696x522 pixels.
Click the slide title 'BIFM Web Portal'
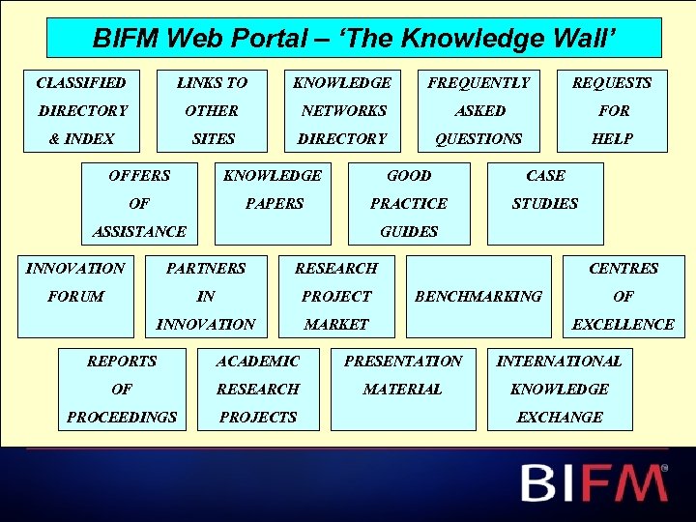pos(354,38)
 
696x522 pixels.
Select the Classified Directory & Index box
pos(82,110)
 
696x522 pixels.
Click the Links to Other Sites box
pos(213,110)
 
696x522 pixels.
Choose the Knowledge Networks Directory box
pos(342,110)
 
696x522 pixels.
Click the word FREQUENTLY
pos(478,83)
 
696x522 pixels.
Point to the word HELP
pos(612,138)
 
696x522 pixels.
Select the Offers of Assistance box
pos(139,203)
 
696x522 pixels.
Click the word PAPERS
pos(274,203)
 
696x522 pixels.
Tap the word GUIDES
pos(409,231)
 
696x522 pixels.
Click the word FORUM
pos(75,296)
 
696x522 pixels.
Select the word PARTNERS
pos(206,268)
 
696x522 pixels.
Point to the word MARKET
pos(336,324)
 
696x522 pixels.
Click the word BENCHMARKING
pos(478,296)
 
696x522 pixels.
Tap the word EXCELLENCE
pos(623,324)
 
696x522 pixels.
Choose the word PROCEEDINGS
pos(122,417)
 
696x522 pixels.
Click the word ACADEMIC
pos(258,361)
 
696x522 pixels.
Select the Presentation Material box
pos(403,388)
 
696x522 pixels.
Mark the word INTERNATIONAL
pos(560,361)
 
